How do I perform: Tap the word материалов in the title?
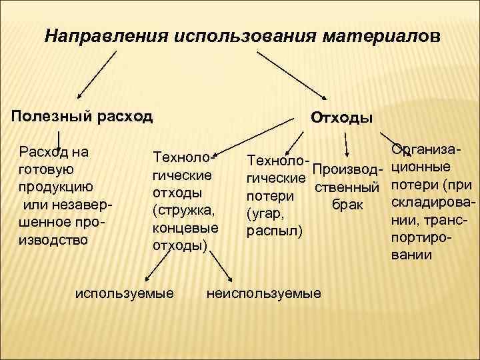click(x=383, y=35)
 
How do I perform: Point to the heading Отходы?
click(x=342, y=118)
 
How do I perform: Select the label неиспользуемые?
click(x=265, y=293)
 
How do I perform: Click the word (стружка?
click(x=184, y=211)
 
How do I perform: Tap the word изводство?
click(x=54, y=239)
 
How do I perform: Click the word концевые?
click(x=185, y=228)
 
